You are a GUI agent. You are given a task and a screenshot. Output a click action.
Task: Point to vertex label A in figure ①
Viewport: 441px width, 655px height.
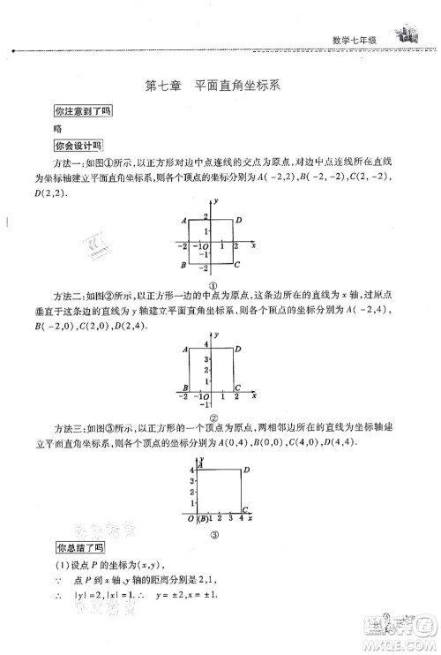coord(183,220)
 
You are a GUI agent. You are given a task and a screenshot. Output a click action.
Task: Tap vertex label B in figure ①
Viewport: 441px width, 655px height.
coord(183,265)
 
